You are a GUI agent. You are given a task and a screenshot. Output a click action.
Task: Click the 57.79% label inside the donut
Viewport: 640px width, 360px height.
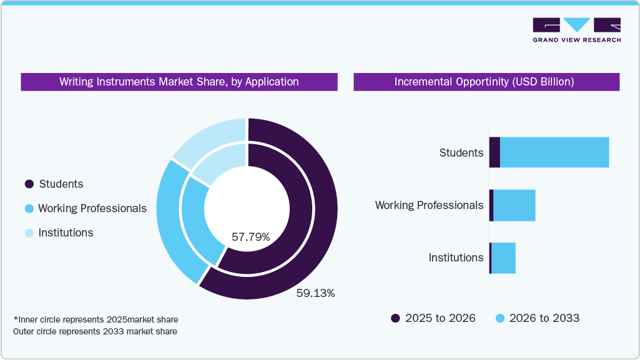(250, 237)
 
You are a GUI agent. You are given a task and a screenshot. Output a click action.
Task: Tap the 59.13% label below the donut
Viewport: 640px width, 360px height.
(315, 293)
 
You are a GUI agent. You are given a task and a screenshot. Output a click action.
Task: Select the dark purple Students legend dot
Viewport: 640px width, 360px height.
(29, 184)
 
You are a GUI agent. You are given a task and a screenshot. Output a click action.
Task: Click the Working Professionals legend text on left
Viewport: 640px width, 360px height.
(92, 208)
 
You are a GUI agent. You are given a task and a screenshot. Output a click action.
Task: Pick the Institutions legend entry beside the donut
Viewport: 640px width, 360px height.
(65, 233)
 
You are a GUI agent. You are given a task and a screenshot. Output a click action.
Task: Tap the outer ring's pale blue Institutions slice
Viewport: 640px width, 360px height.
(206, 134)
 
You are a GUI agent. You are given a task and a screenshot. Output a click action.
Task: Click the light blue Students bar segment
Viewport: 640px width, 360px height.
(554, 152)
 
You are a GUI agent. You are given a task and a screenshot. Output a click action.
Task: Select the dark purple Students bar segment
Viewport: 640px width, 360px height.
(495, 152)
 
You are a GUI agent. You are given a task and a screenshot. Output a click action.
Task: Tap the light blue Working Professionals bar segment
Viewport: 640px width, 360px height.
(514, 205)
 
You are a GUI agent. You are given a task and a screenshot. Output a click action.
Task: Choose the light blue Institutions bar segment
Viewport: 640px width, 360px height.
(503, 258)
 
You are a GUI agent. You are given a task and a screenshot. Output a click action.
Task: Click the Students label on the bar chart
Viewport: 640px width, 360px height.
(461, 153)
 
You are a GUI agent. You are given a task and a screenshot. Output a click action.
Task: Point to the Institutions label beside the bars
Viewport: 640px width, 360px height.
(456, 258)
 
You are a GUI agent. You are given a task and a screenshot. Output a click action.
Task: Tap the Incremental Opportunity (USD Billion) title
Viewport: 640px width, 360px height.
(486, 82)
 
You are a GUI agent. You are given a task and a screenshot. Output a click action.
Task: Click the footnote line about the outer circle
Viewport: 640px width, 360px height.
(95, 331)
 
